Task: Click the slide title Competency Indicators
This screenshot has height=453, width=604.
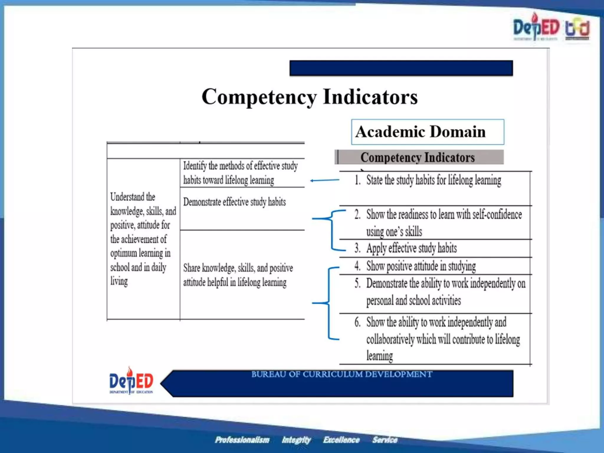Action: click(309, 97)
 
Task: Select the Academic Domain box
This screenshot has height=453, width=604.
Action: click(427, 132)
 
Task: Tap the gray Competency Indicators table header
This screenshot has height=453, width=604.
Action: click(419, 157)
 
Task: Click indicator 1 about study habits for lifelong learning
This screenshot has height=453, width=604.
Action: click(434, 180)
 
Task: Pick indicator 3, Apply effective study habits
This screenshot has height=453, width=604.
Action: click(411, 248)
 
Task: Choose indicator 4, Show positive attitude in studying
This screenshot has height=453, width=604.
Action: click(421, 266)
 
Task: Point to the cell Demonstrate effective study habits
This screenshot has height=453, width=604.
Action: click(234, 202)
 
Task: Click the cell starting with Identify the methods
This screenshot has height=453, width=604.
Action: click(240, 173)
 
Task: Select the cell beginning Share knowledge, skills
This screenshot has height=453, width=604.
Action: click(238, 275)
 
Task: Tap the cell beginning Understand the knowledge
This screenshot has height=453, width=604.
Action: click(143, 239)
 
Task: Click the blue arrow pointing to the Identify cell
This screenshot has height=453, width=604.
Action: click(324, 180)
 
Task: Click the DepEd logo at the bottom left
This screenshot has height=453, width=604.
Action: click(131, 381)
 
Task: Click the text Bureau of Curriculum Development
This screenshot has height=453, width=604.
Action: click(342, 374)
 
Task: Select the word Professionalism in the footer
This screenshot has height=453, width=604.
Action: click(242, 440)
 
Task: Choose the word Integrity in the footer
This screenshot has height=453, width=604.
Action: click(296, 440)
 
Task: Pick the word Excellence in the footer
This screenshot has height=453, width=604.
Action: click(341, 440)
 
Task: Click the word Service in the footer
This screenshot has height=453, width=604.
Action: click(385, 440)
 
